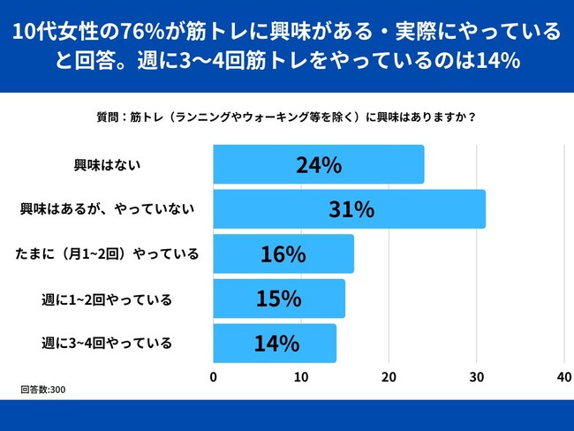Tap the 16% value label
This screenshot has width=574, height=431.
[283, 254]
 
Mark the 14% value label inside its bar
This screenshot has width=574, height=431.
[275, 344]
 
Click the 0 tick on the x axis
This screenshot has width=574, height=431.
[214, 376]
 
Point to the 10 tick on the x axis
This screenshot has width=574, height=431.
[301, 376]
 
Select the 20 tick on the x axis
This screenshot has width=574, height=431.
[389, 376]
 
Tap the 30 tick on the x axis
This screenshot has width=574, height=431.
[476, 376]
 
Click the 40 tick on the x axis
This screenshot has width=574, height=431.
[563, 376]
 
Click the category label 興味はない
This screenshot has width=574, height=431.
[106, 165]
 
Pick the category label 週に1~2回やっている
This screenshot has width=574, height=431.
[106, 299]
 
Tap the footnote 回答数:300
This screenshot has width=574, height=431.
[43, 389]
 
